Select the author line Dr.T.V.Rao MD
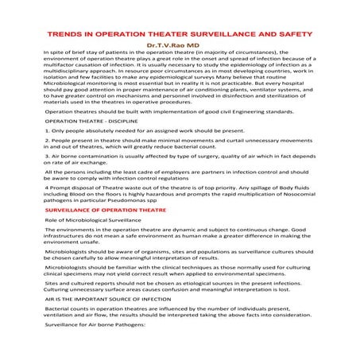tap(179, 47)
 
